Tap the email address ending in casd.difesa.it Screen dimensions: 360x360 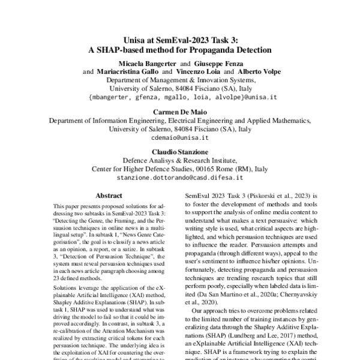(x=179, y=177)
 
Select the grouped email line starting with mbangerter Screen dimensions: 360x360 (x=179, y=96)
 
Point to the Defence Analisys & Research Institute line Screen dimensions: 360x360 (x=179, y=160)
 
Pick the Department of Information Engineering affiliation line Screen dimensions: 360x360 (x=179, y=119)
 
